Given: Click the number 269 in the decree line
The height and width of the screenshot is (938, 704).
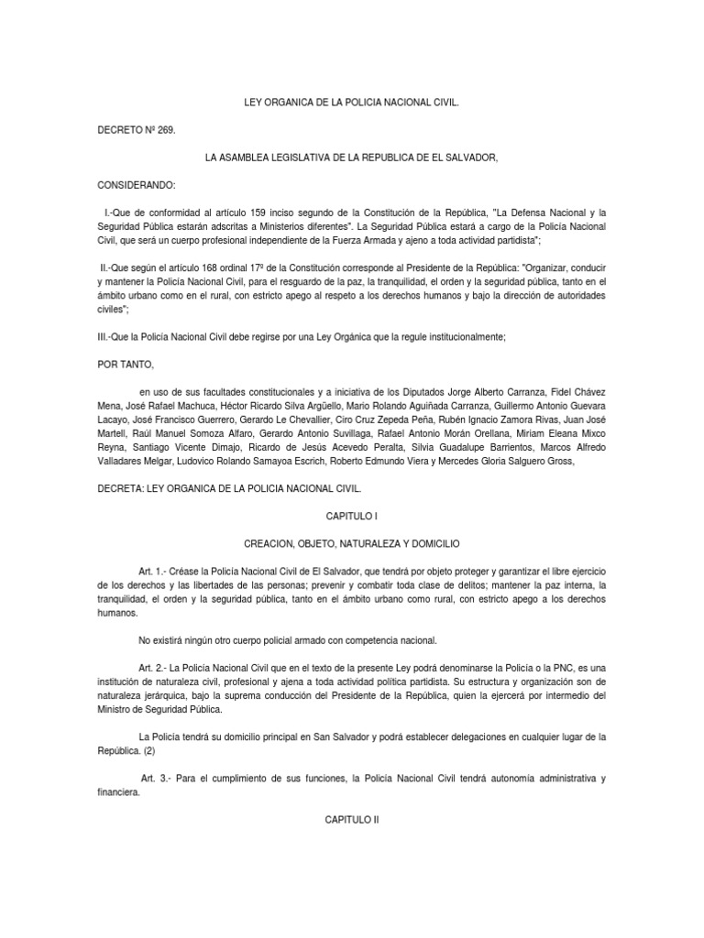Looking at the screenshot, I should coord(164,131).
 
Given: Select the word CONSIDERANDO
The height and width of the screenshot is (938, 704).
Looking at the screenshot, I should coord(142,184).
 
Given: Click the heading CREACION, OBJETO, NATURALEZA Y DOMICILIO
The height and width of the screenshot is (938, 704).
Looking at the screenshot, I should coord(352,544).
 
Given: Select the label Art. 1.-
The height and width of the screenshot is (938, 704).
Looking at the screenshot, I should coord(155,570).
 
